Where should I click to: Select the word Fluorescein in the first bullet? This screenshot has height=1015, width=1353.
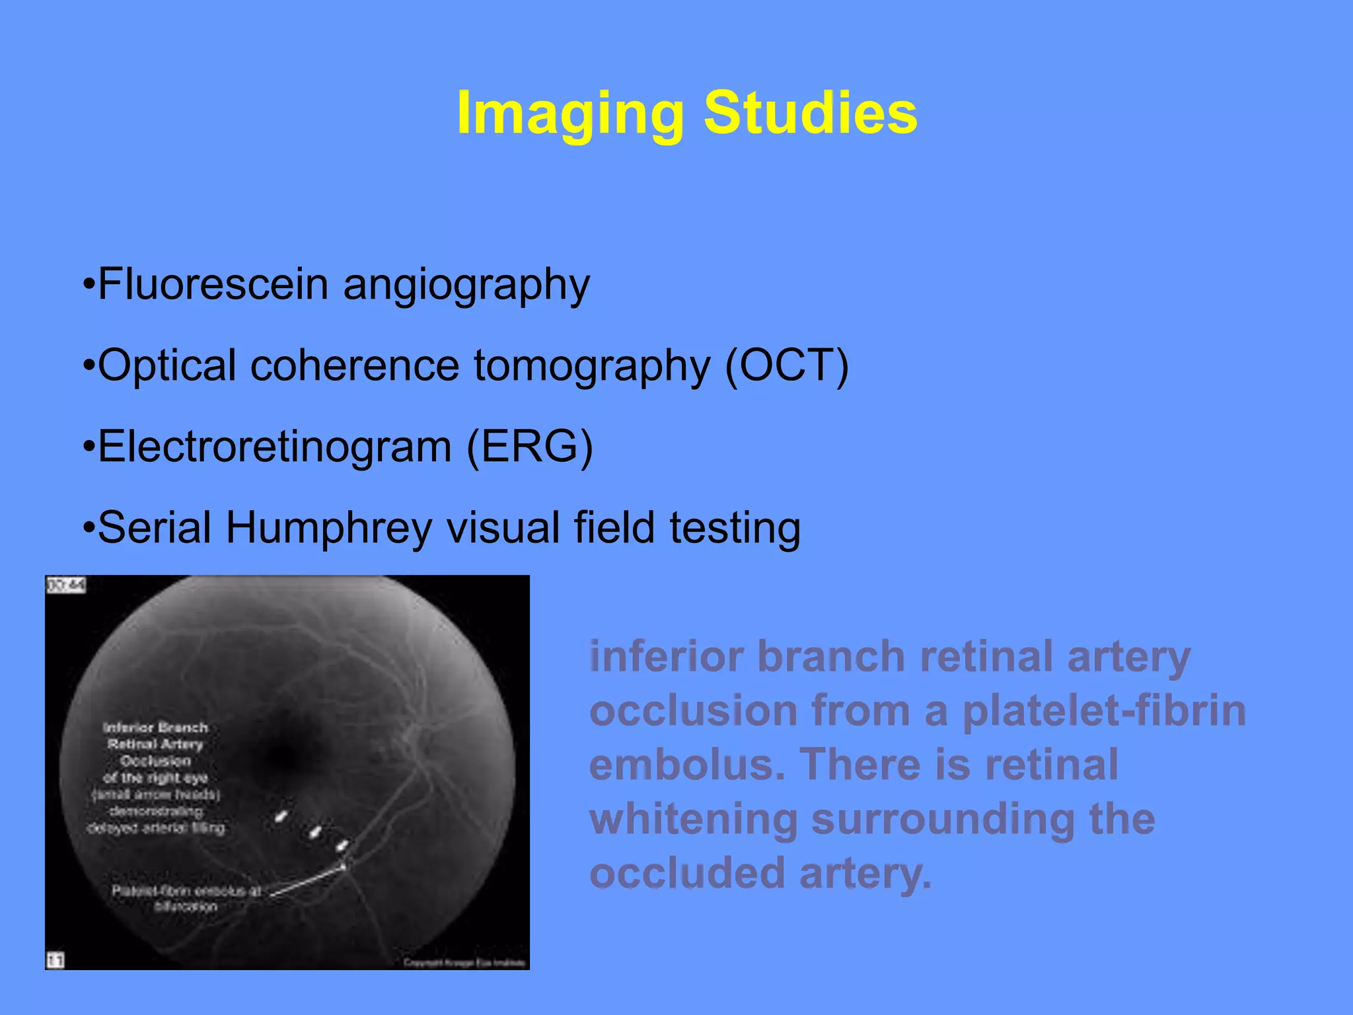(213, 284)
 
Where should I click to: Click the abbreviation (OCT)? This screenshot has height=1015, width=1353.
(786, 365)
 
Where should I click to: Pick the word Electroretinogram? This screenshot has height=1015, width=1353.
(274, 447)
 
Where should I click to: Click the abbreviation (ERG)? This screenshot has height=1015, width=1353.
(529, 447)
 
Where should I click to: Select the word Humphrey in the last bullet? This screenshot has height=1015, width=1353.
(328, 529)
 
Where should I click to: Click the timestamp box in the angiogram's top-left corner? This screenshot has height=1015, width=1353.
(65, 585)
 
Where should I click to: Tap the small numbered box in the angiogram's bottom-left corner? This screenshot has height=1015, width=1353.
(55, 959)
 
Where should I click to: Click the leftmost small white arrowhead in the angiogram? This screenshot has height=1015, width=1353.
(281, 817)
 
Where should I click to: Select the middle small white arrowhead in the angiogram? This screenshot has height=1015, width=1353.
(316, 831)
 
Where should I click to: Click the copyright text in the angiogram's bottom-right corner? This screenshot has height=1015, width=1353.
(465, 962)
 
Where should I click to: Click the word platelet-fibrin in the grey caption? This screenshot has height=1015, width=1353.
(1103, 711)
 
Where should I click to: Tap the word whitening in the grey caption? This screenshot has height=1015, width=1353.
(694, 819)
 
